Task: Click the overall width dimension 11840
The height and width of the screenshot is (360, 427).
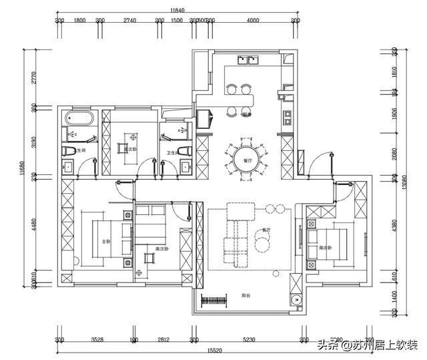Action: (176, 10)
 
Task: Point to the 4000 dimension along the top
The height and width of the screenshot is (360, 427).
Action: (252, 21)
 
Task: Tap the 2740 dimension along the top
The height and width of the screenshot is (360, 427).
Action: (129, 21)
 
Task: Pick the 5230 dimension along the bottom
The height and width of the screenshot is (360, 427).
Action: (249, 340)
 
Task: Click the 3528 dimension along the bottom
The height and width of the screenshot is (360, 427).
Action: (97, 340)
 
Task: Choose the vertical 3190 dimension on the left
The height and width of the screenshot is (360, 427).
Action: (27, 142)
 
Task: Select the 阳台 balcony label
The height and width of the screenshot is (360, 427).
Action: (246, 295)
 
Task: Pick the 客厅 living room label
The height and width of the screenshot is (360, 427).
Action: (266, 228)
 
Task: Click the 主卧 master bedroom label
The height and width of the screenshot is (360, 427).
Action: (105, 241)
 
